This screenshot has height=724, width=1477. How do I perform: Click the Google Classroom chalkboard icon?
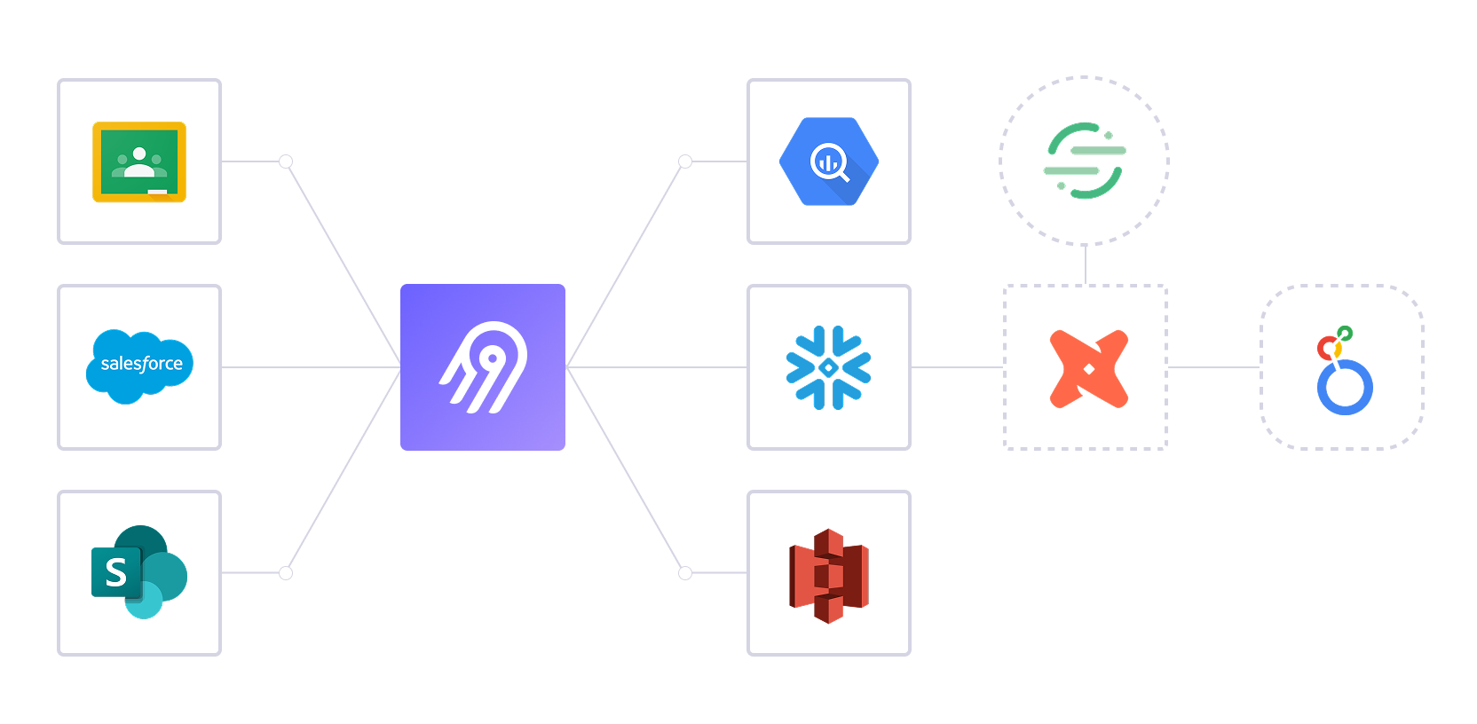coord(139,161)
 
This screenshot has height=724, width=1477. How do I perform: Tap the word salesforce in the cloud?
coord(141,364)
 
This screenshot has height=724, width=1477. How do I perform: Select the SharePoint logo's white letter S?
coord(115,573)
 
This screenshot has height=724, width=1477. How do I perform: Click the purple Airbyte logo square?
coord(482,367)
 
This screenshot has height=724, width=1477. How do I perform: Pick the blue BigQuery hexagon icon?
coord(829,161)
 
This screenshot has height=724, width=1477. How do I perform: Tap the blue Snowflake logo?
coord(829,367)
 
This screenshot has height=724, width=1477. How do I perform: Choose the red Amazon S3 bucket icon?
coord(829,575)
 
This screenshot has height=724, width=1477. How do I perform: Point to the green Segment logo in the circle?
coord(1084,161)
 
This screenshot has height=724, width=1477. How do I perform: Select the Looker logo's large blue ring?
coord(1345,388)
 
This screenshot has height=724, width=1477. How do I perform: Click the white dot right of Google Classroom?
coord(286,161)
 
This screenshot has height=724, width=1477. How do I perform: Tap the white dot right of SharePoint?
coord(286,573)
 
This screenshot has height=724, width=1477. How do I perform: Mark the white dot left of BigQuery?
coord(685,161)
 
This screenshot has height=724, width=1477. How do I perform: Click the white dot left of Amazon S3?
coord(685,573)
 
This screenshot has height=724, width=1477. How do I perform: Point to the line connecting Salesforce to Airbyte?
coord(311,367)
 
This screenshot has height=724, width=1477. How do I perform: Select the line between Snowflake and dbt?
coord(957,367)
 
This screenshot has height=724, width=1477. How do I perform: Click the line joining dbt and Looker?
coord(1213,367)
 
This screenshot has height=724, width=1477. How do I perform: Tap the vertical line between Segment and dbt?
coord(1086,264)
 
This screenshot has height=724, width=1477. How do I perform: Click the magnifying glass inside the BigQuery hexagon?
coord(830,163)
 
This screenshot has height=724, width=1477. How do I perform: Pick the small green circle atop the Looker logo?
coord(1346,334)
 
